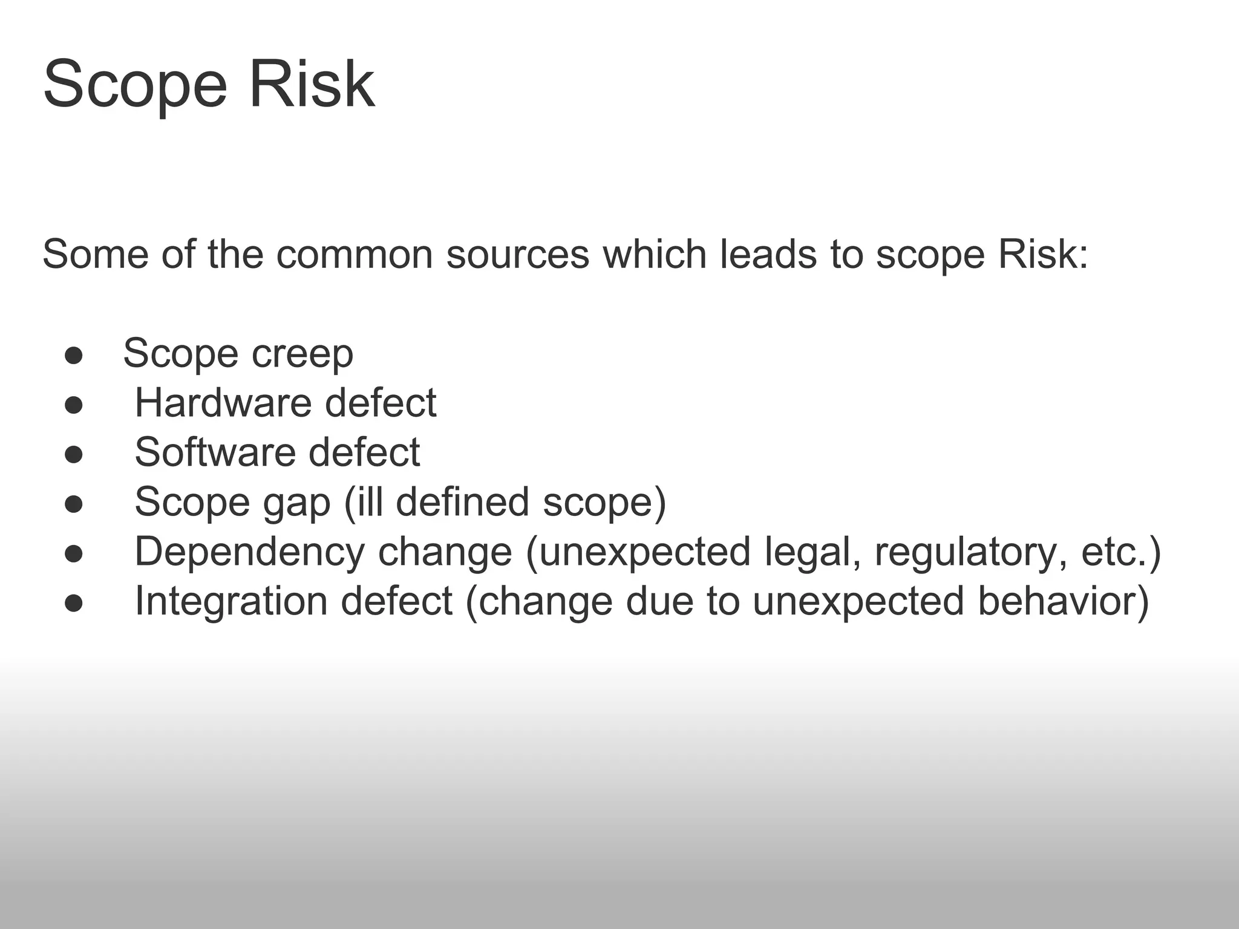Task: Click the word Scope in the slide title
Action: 135,85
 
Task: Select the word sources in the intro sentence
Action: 517,254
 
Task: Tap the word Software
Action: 214,452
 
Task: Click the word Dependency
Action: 249,552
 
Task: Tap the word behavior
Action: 1056,601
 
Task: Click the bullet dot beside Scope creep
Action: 74,356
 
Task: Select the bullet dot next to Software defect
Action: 74,455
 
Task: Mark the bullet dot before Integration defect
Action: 74,604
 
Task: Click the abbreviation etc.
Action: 1115,552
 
